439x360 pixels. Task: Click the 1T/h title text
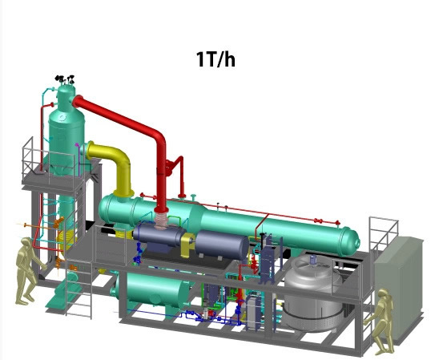(215, 59)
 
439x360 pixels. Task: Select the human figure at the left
(28, 271)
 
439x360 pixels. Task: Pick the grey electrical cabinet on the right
(399, 289)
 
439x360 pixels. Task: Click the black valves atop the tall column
(65, 79)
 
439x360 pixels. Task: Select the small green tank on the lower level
(152, 291)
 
